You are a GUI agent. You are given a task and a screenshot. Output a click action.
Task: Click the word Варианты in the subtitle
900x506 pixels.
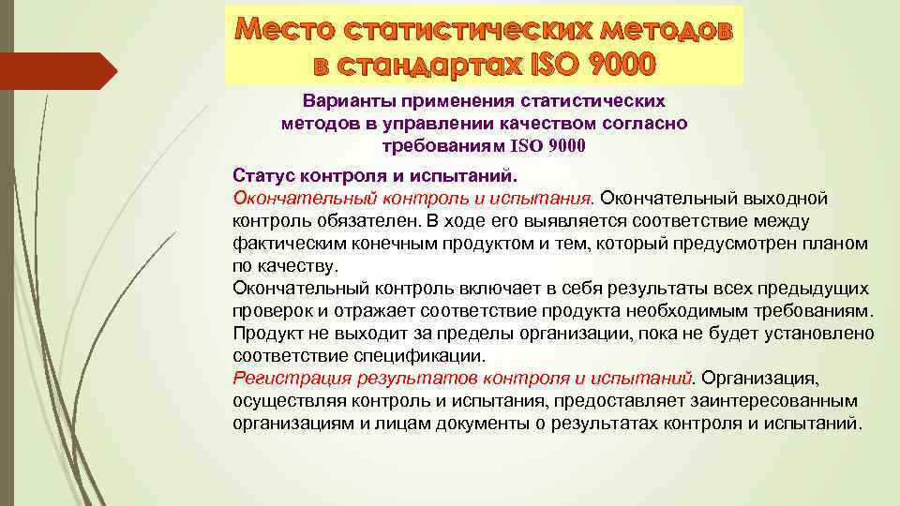click(x=344, y=100)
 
